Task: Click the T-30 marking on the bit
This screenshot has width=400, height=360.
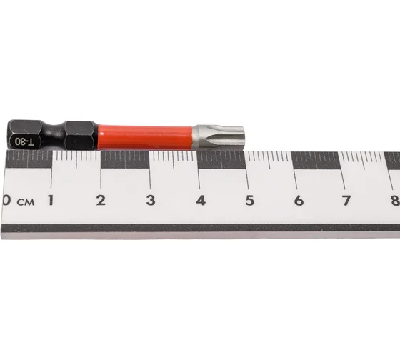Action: coord(24,141)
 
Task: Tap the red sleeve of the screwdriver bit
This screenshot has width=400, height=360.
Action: coord(145,137)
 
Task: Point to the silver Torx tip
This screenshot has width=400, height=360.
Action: coord(219,138)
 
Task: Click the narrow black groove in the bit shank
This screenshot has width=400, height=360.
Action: coord(53,135)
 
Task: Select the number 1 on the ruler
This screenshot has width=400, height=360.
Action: coord(51,200)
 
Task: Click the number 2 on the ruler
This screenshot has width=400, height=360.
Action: coord(101,200)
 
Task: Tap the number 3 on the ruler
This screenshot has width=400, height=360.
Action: coord(151,200)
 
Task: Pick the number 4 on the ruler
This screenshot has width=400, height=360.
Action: coord(201,201)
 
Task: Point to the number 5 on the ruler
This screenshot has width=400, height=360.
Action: coord(250,201)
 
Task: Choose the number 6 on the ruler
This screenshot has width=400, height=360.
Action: coord(299,201)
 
